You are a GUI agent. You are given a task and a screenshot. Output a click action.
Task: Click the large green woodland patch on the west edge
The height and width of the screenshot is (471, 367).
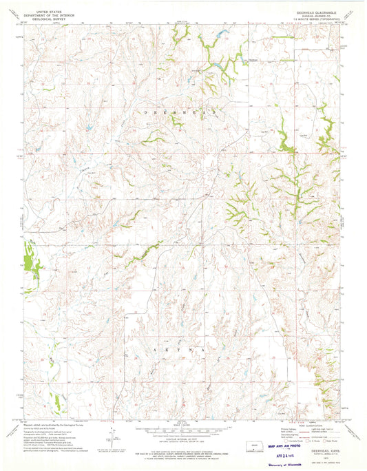click(x=30, y=255)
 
